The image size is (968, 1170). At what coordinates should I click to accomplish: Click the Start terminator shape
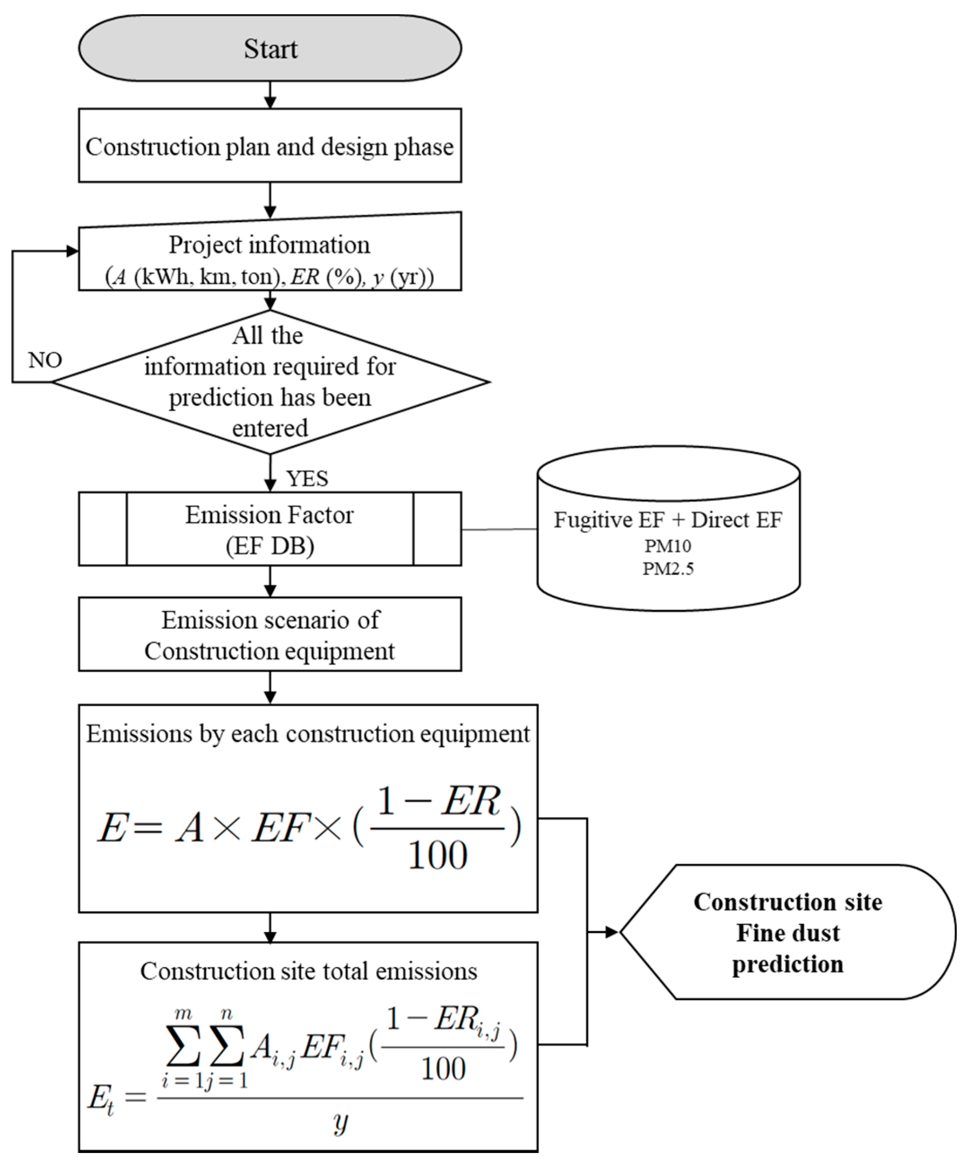tap(270, 48)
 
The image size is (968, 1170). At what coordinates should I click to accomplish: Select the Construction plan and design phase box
tap(270, 146)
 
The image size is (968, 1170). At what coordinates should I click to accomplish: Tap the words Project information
tap(269, 245)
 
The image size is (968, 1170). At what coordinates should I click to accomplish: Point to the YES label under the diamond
tap(307, 478)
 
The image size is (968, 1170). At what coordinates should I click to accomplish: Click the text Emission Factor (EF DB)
tap(270, 530)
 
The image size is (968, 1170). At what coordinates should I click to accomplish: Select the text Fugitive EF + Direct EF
tap(668, 520)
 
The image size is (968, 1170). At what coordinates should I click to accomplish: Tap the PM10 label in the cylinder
tap(668, 546)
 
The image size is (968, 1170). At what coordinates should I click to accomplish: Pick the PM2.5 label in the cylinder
tap(668, 569)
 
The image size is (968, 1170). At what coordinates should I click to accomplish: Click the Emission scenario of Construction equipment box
tap(270, 635)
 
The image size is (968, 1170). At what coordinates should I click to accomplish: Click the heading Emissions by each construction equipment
tap(308, 734)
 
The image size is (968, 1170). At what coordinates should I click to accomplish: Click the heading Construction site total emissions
tap(308, 971)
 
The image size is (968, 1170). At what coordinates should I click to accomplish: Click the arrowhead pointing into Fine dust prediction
tap(612, 932)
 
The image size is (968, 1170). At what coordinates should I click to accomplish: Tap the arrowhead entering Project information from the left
tap(73, 251)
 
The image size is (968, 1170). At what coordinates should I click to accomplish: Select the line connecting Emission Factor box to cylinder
tap(499, 529)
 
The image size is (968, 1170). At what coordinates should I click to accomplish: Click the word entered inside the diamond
tap(270, 428)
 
